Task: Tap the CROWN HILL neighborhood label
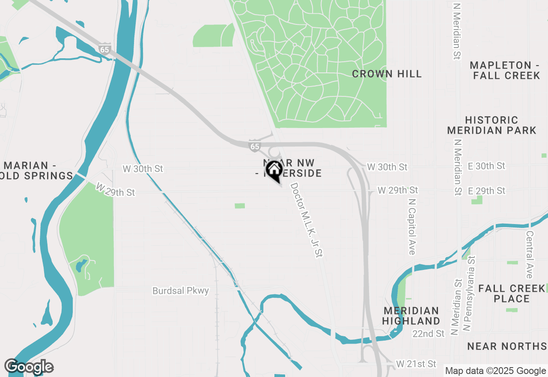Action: [387, 74]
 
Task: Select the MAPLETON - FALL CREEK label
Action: [505, 70]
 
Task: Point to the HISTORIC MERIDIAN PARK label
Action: [491, 125]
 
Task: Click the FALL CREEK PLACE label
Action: [512, 293]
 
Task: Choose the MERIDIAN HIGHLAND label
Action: [411, 316]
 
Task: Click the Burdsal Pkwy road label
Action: [181, 291]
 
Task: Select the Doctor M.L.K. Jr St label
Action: [306, 220]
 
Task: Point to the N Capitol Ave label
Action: [412, 226]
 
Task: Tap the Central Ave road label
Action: [530, 255]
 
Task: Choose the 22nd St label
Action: [428, 333]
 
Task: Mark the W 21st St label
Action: [416, 364]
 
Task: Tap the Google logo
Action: [29, 367]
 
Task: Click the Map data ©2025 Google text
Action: [495, 371]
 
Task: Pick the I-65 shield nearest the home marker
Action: [255, 146]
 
